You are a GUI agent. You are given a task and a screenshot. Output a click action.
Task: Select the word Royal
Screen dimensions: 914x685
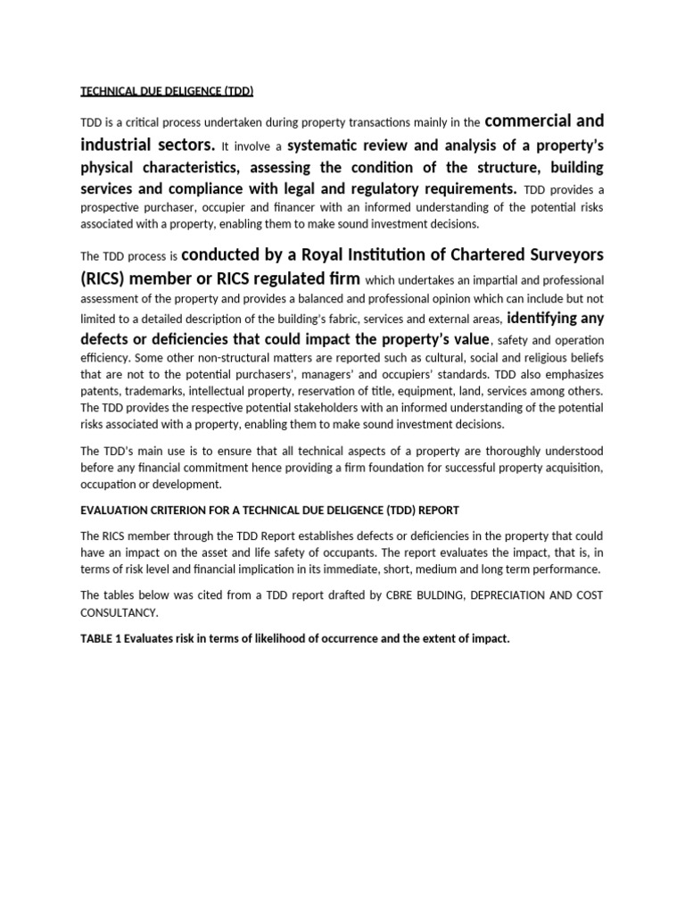click(343, 253)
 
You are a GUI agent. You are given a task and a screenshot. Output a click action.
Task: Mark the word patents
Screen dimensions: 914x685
click(101, 391)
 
